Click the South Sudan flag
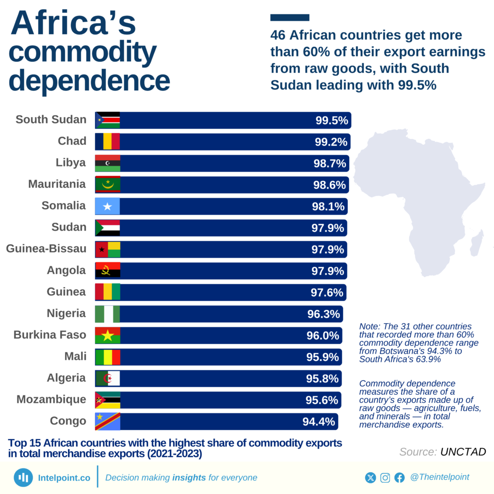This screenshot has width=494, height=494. point(107,120)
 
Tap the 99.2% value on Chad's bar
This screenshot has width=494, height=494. point(331,142)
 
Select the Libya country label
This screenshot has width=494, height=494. point(70,163)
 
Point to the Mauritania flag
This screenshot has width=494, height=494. point(107,185)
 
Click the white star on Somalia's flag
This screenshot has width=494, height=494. point(107,206)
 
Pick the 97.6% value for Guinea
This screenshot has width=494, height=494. point(327,293)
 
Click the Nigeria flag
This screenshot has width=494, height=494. point(107,314)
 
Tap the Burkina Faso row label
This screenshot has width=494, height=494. point(50,335)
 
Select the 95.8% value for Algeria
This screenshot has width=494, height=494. point(322,379)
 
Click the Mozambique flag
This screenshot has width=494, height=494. point(107,400)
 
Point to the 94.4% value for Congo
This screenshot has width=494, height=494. point(318,422)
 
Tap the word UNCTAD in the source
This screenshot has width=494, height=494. point(463,452)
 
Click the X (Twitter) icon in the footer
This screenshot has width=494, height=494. point(370,478)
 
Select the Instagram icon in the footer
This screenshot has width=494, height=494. point(385,478)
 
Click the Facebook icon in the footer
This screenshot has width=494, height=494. point(399,478)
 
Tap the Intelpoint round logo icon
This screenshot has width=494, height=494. point(23,478)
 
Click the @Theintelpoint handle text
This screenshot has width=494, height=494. point(439,477)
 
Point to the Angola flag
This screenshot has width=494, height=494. point(107,271)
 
